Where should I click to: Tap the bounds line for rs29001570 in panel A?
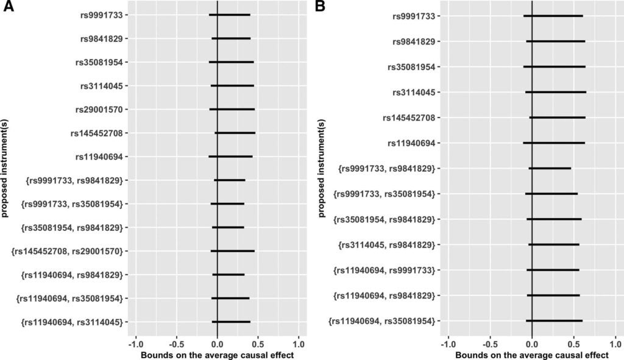[x=232, y=110]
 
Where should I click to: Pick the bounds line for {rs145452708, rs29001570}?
[x=232, y=251]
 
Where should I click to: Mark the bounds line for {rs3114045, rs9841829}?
[x=553, y=245]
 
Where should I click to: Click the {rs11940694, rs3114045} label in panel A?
[x=74, y=322]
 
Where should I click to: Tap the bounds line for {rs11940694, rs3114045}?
[x=231, y=322]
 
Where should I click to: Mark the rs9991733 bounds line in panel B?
[x=553, y=16]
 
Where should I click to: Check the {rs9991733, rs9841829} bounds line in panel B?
[x=549, y=168]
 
